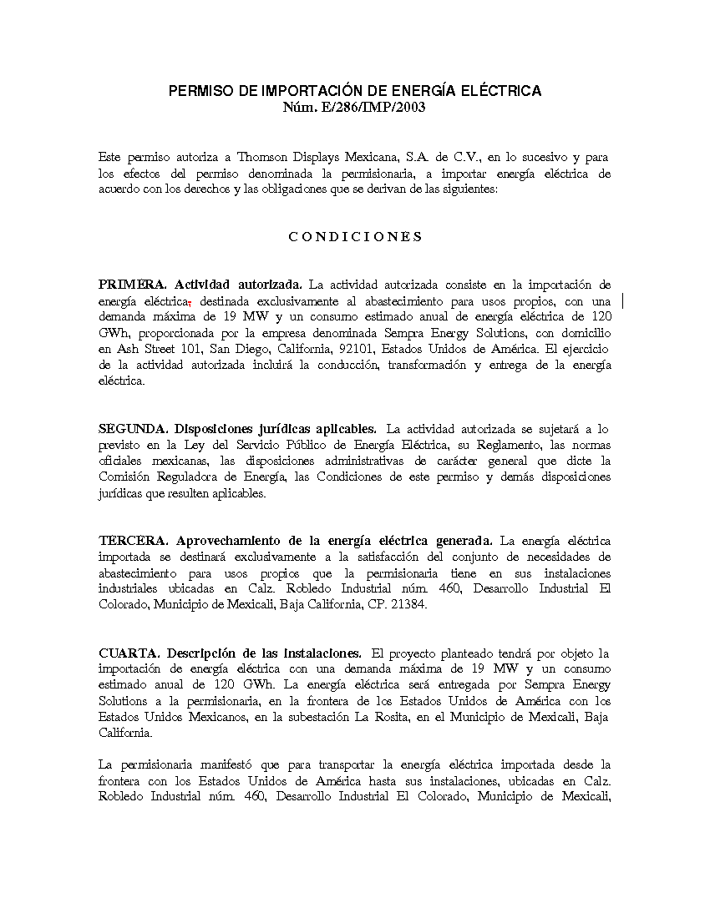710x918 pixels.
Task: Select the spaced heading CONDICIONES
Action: (356, 236)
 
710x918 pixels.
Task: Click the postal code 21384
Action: (408, 605)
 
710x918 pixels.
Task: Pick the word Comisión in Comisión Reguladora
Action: (125, 477)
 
